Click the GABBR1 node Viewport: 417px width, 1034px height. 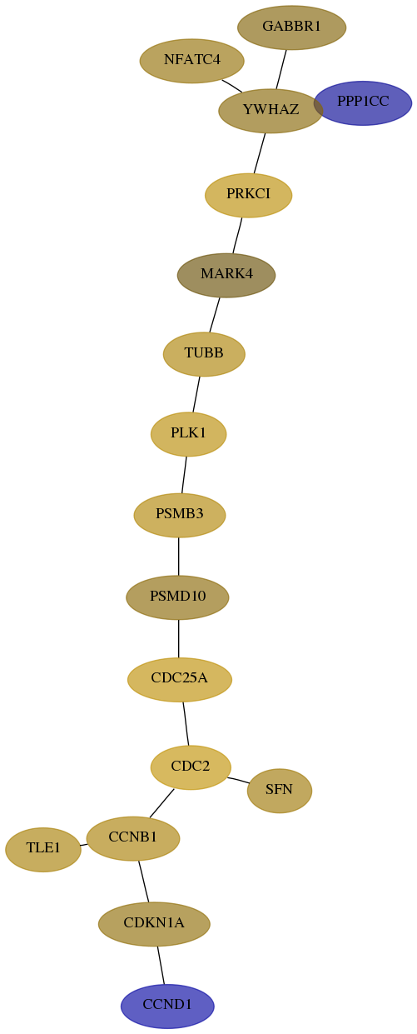(x=291, y=27)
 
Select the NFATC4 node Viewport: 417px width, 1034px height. (x=192, y=61)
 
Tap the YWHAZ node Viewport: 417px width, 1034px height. (x=271, y=111)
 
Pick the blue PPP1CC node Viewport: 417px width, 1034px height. (x=363, y=103)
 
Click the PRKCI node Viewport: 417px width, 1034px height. (x=249, y=195)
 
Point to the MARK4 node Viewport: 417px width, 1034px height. (x=226, y=275)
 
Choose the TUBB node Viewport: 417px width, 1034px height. (x=204, y=354)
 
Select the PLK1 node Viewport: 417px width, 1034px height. (x=189, y=434)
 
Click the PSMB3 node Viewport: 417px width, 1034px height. (x=180, y=515)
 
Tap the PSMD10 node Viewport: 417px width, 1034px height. (x=177, y=597)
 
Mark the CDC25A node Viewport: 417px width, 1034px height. (x=180, y=680)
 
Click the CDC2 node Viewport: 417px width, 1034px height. (x=191, y=767)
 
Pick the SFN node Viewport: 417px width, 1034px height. (x=280, y=791)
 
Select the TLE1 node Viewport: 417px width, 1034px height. (x=43, y=850)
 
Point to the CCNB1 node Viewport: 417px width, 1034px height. (x=133, y=839)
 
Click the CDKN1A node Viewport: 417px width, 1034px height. (x=154, y=924)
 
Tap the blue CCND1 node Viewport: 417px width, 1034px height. (x=167, y=1007)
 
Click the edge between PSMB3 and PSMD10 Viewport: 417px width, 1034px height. (x=178, y=557)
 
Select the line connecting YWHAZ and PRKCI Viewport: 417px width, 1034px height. (x=260, y=153)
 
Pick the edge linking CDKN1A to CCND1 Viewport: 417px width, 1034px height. (x=161, y=965)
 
